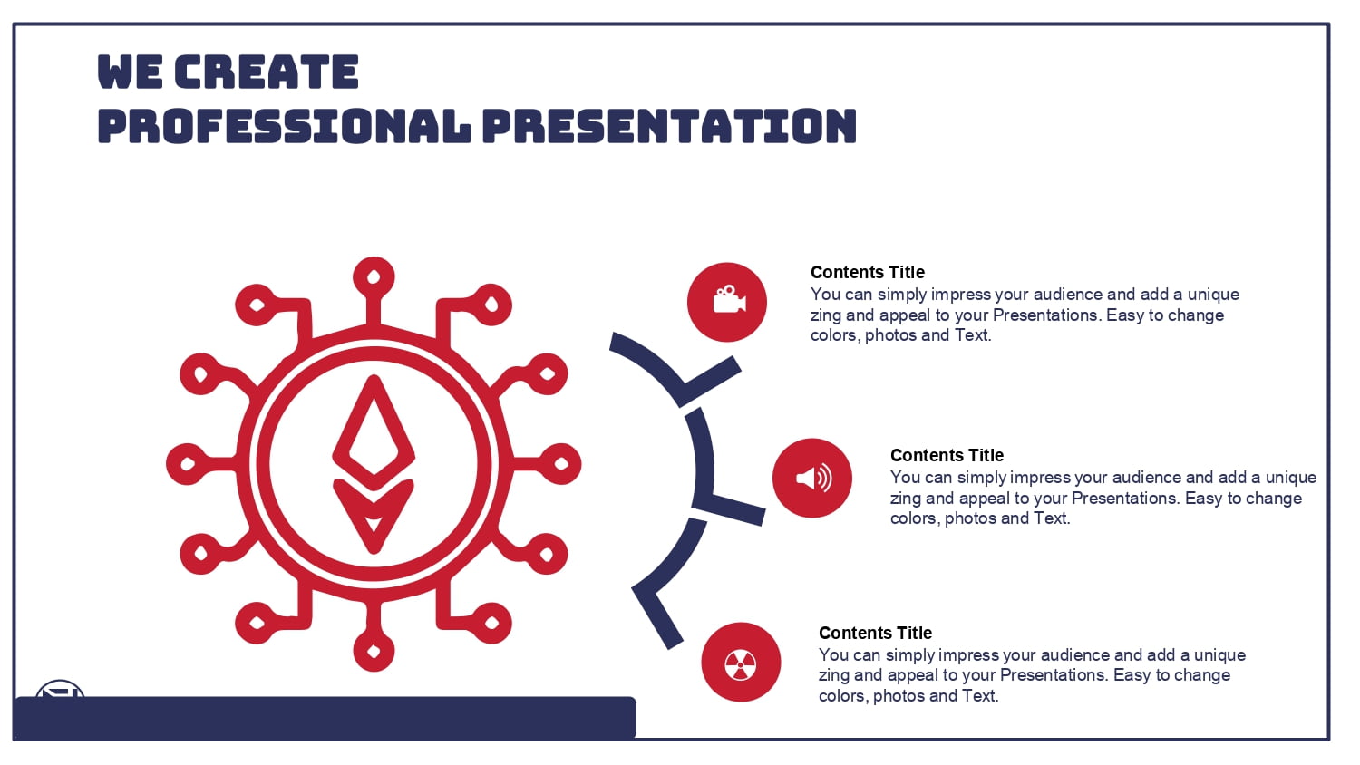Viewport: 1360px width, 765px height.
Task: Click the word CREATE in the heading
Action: (x=267, y=72)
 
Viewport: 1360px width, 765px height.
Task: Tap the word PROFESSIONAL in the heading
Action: (x=284, y=126)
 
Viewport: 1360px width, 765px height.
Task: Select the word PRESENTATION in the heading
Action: (x=670, y=126)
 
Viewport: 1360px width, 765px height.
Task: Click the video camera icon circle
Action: (x=727, y=302)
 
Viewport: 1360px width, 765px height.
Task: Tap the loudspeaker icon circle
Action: (x=812, y=478)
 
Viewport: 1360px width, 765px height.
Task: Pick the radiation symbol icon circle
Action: (x=741, y=662)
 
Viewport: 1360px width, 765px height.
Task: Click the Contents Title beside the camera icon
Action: (x=868, y=272)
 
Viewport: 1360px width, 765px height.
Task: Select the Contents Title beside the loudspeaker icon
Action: (x=947, y=455)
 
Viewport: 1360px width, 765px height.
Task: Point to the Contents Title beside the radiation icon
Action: (x=876, y=633)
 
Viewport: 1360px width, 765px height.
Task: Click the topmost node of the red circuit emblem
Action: (x=374, y=277)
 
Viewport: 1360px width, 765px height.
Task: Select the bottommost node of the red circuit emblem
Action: (x=374, y=652)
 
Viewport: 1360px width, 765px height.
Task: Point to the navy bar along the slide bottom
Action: (x=325, y=718)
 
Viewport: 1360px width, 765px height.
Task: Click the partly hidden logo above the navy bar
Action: (x=60, y=689)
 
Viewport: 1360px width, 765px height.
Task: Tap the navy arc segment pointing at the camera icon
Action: (x=674, y=369)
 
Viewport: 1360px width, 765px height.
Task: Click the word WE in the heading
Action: (x=130, y=72)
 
